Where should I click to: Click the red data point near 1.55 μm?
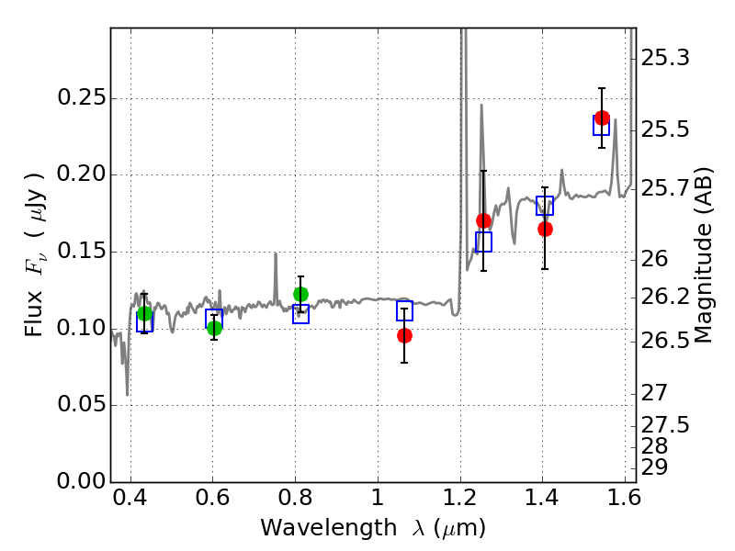click(x=602, y=118)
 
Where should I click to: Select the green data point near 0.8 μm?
click(x=300, y=294)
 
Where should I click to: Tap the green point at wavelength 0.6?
click(x=214, y=328)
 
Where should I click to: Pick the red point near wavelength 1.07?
click(x=404, y=335)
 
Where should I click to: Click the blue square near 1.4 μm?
click(x=545, y=206)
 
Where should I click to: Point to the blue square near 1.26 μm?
click(x=483, y=242)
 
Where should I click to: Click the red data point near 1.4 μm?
click(x=545, y=229)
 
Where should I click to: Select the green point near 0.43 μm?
click(x=144, y=313)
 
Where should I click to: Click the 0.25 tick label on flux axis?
click(x=80, y=98)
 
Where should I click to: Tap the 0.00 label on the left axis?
click(x=80, y=481)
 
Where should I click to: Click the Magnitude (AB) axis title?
click(x=704, y=254)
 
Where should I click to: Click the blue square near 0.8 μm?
click(x=300, y=314)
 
